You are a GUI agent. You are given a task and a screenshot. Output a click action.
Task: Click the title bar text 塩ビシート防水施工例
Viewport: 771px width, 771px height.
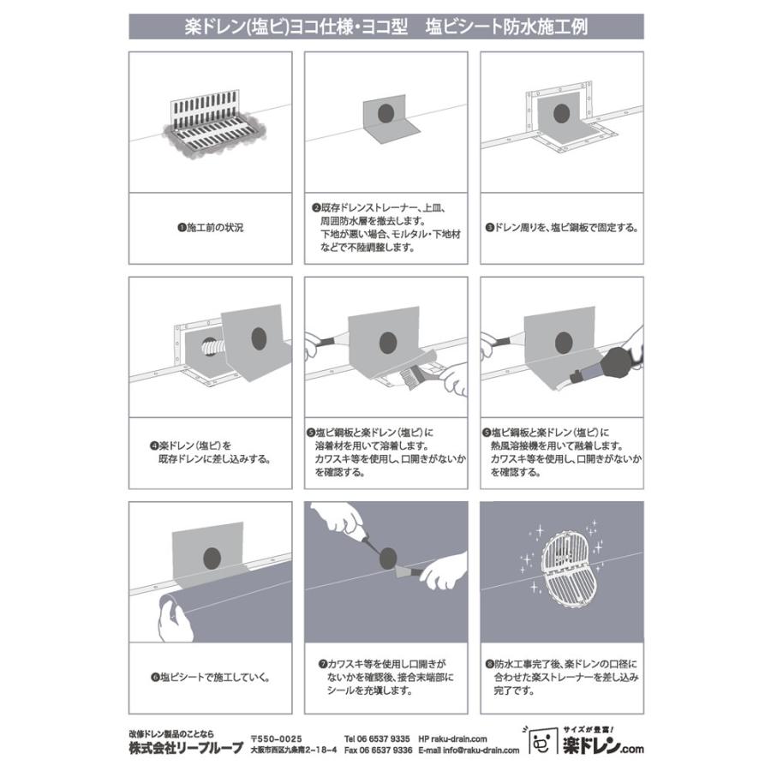506,27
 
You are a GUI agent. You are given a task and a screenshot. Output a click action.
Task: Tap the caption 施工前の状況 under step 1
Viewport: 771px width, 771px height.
215,228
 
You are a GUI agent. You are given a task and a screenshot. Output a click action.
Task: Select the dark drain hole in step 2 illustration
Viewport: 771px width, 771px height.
386,114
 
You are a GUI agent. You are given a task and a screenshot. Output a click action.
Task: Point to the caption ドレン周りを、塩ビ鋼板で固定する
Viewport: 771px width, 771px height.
565,228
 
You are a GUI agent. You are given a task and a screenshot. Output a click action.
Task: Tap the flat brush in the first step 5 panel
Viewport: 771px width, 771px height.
412,379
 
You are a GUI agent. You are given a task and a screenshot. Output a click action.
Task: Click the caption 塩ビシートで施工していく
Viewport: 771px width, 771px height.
214,677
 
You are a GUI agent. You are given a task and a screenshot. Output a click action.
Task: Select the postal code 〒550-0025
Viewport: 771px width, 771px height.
277,739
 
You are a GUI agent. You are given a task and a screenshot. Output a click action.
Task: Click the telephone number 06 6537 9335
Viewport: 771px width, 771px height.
384,739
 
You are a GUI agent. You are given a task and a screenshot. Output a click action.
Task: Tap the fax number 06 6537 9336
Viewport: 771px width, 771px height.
385,750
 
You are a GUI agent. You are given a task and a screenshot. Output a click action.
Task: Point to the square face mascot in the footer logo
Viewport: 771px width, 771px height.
541,743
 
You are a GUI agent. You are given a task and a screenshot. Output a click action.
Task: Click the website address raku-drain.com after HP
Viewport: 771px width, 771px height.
459,739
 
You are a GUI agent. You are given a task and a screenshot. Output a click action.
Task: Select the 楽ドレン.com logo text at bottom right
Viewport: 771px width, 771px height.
603,747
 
